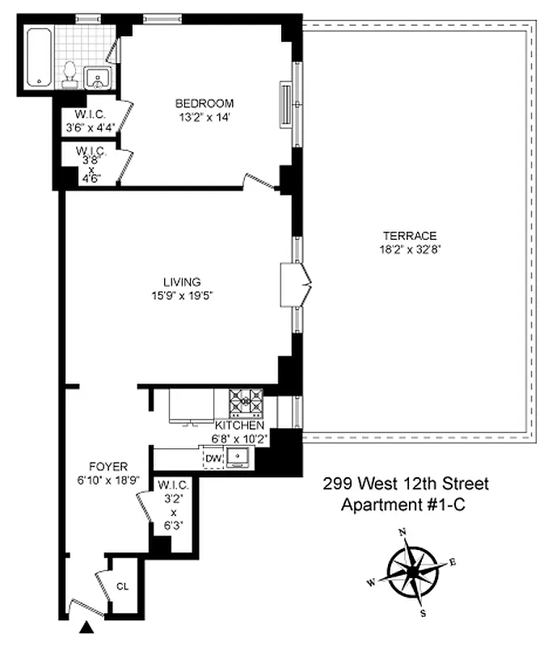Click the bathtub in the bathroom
(38, 57)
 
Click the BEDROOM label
(204, 103)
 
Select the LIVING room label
(182, 282)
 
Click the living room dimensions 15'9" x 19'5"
(182, 295)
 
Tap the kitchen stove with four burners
(246, 401)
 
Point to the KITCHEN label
(239, 426)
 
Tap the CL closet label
(123, 587)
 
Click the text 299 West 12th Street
(406, 484)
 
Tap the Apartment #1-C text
(406, 505)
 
